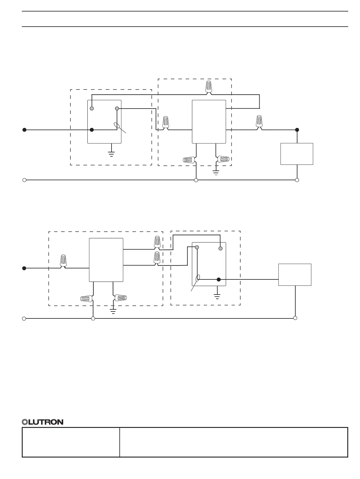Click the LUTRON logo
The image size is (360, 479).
click(x=43, y=422)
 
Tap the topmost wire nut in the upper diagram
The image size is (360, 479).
click(x=209, y=86)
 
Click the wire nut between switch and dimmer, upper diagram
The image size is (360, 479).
click(x=166, y=122)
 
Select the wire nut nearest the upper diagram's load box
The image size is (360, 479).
click(x=259, y=121)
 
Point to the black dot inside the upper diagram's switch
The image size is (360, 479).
click(x=92, y=130)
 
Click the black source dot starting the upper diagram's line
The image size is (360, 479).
click(x=24, y=130)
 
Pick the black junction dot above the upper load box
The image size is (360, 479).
click(x=297, y=130)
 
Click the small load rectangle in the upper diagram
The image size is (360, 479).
click(x=297, y=154)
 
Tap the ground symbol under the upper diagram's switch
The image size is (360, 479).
click(x=112, y=153)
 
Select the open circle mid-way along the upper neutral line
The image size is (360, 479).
click(x=196, y=180)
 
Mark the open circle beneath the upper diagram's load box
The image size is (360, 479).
click(x=297, y=180)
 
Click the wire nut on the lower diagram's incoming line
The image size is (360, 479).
click(x=63, y=261)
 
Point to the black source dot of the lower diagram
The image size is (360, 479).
click(x=24, y=268)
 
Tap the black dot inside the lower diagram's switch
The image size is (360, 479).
click(x=219, y=279)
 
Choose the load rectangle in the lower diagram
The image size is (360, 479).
click(x=295, y=275)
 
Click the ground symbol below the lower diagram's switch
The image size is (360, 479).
click(x=217, y=296)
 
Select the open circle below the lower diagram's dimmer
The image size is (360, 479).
click(x=93, y=318)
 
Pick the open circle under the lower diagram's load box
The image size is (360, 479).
click(x=295, y=318)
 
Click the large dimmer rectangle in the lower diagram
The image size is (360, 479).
click(x=106, y=260)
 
